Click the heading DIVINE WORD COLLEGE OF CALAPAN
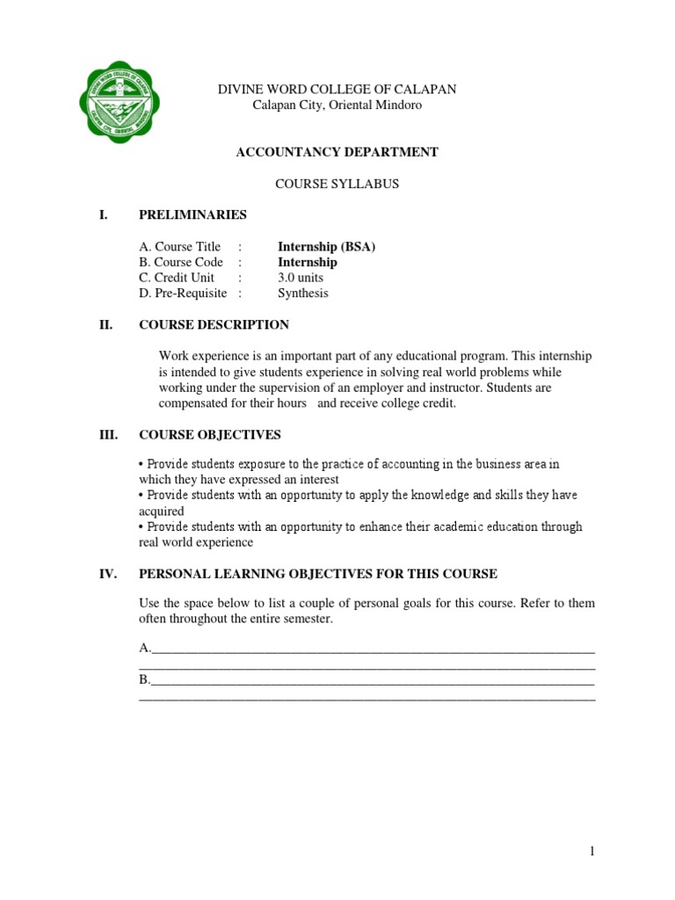click(x=337, y=90)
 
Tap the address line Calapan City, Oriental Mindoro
click(x=337, y=105)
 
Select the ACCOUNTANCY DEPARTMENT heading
click(x=337, y=152)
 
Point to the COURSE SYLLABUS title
click(x=337, y=184)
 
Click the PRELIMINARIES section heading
click(x=192, y=215)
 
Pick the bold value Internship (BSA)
click(x=326, y=247)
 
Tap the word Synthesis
click(x=302, y=294)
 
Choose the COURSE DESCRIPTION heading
click(x=214, y=325)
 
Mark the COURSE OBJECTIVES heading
click(x=210, y=435)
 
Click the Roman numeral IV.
click(x=108, y=574)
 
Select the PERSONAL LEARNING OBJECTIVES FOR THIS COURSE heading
click(x=318, y=574)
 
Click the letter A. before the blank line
click(x=145, y=649)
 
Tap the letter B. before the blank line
click(x=145, y=680)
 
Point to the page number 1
click(x=592, y=851)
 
